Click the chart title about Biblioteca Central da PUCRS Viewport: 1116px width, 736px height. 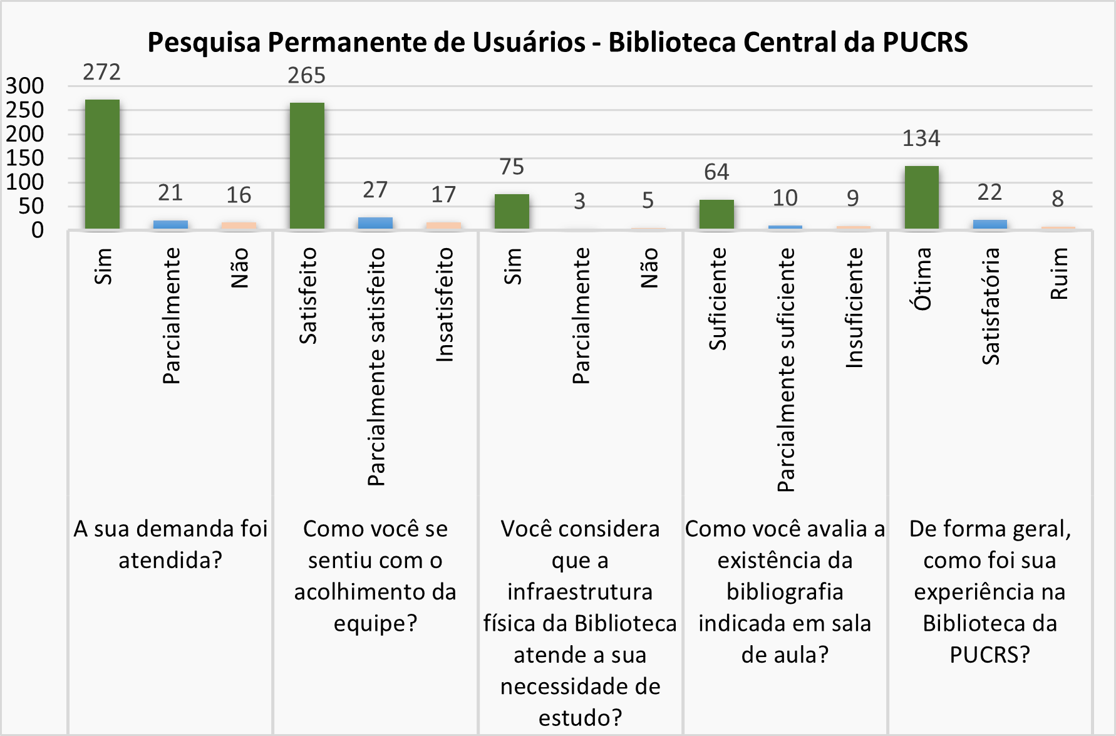557,43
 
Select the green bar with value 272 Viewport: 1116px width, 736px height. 102,164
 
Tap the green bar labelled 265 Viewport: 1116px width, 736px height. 307,166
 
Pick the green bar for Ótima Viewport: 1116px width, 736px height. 921,197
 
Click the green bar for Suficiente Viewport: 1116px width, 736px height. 716,214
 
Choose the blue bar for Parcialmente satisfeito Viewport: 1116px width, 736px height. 375,223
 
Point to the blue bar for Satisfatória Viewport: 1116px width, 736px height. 989,224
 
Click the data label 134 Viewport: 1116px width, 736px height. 921,138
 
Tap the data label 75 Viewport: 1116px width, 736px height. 512,167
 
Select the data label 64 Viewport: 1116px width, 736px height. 716,172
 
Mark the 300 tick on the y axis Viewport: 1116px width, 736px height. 25,86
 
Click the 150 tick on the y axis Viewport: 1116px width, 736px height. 25,158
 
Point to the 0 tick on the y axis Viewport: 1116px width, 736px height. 38,230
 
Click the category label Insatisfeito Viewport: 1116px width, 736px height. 444,304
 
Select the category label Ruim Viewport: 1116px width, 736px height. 1058,274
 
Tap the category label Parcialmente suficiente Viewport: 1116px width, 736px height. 785,370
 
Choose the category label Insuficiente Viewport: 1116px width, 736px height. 854,308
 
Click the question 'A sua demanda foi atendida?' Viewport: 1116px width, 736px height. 170,544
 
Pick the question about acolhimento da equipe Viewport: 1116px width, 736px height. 375,576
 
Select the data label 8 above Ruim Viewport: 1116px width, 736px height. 1058,199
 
